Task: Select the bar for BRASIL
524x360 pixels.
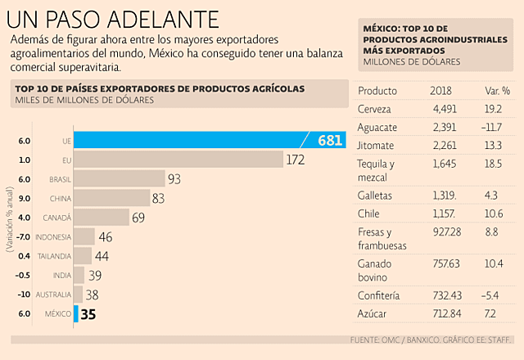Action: [x=119, y=178]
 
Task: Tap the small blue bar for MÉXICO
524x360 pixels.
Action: [x=76, y=313]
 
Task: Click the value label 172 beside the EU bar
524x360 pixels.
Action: [x=296, y=160]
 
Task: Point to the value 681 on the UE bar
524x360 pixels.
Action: [x=329, y=141]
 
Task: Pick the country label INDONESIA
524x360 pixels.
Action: [x=51, y=237]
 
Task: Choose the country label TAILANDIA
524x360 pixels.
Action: [x=53, y=256]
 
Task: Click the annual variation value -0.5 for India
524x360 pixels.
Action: [x=24, y=275]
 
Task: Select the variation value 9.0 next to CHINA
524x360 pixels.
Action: [x=24, y=197]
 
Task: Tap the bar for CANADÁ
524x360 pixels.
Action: [x=102, y=218]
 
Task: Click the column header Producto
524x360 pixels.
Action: [x=377, y=90]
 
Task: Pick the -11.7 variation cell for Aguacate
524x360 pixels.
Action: [x=495, y=128]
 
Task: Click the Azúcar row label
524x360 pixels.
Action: [x=373, y=314]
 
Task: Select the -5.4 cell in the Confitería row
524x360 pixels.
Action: [x=495, y=295]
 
